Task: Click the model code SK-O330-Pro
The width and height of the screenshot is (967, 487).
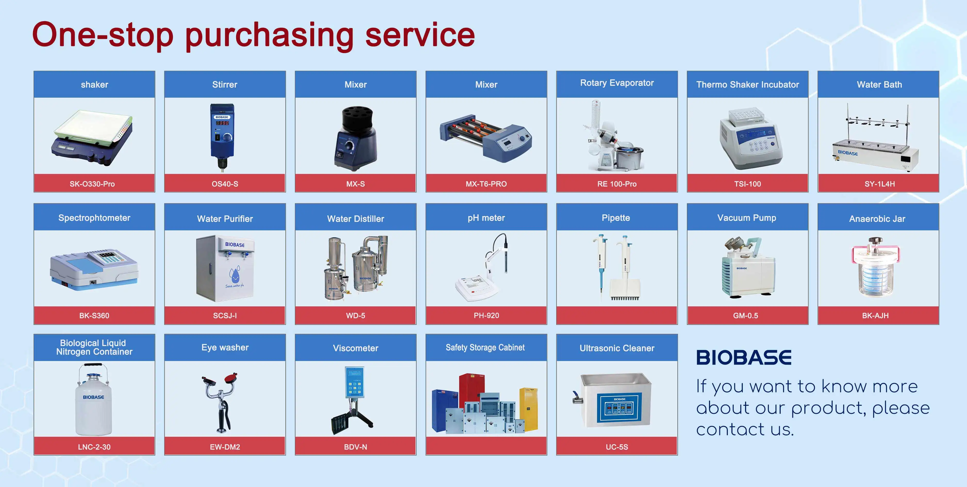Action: (92, 184)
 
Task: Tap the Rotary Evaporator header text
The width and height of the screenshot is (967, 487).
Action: (617, 83)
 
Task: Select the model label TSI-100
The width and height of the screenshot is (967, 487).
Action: (747, 184)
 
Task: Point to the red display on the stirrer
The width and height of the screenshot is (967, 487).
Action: (222, 123)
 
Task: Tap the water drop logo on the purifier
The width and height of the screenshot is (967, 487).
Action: (235, 276)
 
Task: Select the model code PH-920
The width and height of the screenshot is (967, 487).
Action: (486, 316)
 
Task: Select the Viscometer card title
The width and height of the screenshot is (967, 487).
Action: (355, 348)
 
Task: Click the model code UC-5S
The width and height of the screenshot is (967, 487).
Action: (617, 447)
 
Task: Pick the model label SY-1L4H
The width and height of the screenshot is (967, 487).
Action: (880, 184)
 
